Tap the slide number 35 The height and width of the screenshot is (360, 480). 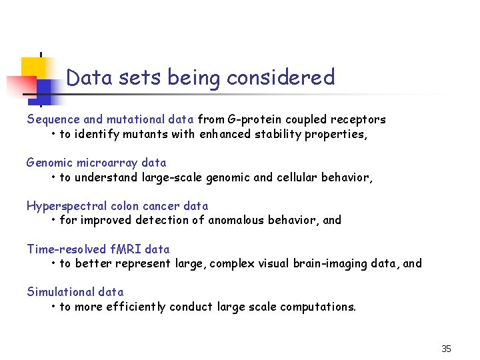446,349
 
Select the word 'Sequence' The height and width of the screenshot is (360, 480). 53,119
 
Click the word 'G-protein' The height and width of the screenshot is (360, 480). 255,119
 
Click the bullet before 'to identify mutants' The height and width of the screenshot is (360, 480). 53,134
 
